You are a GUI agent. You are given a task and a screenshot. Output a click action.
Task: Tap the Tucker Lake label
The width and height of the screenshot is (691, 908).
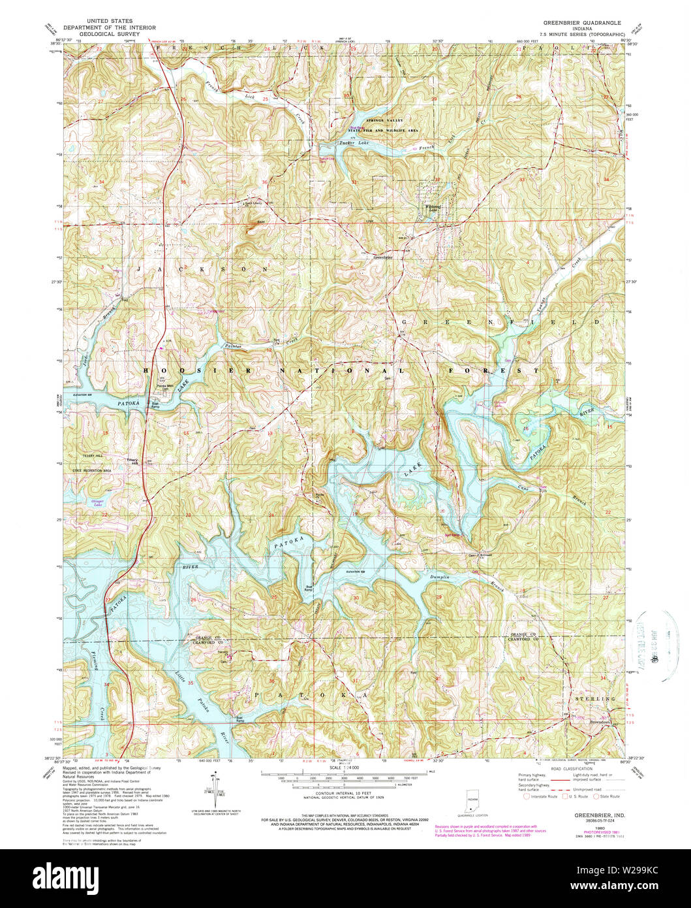pos(354,143)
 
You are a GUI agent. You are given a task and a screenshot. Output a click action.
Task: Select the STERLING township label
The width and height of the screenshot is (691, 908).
pos(596,699)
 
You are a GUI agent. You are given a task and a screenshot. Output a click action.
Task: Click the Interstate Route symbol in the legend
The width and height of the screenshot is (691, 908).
pos(526,796)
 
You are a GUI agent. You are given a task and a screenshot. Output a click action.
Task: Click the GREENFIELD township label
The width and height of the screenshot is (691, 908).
pos(499,323)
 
